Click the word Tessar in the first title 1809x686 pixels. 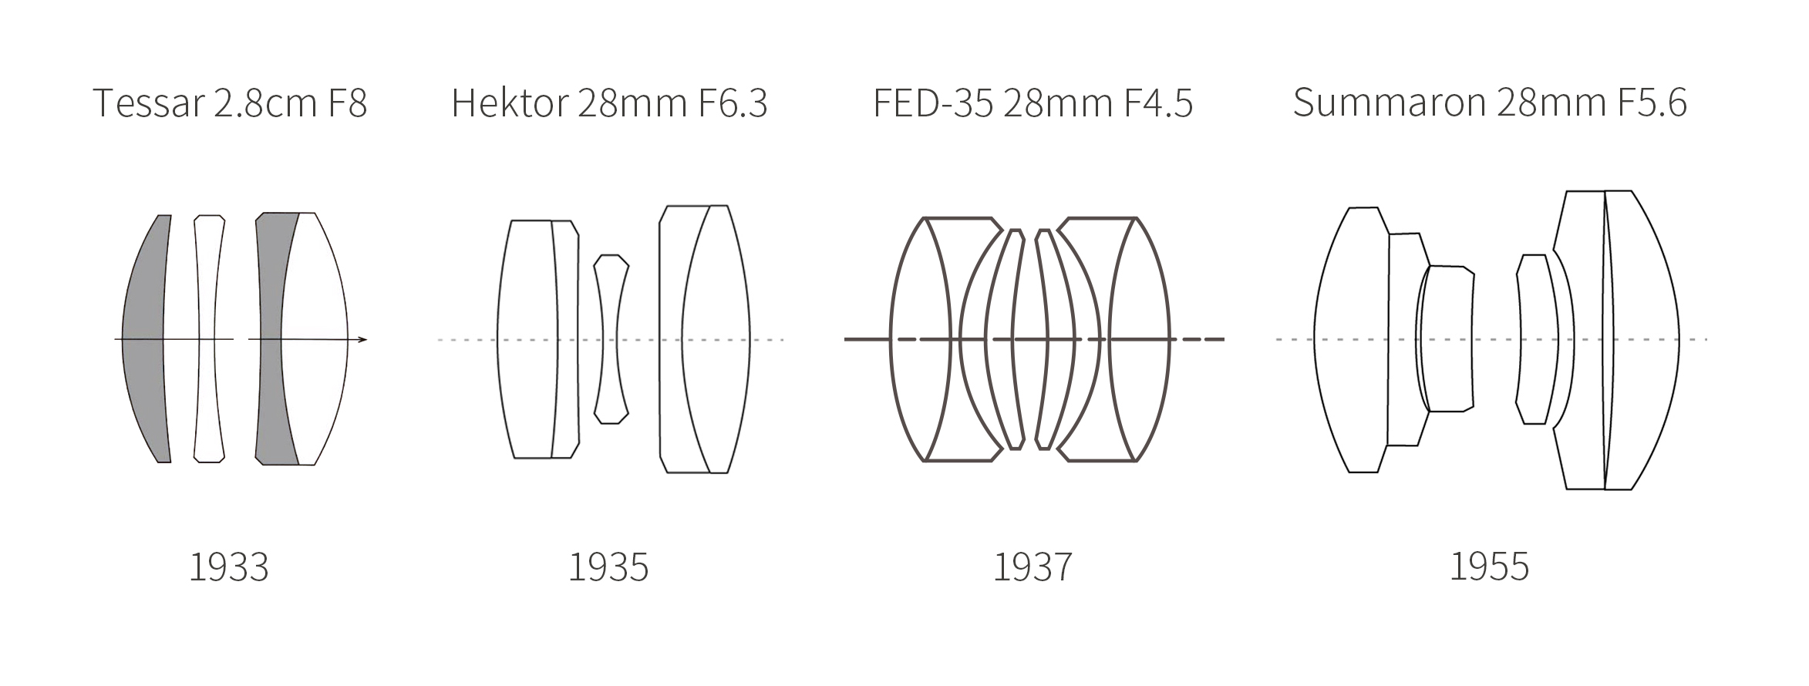(x=149, y=103)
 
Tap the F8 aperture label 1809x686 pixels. (x=347, y=103)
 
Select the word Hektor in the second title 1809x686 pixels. (x=510, y=103)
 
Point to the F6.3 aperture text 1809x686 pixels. (x=733, y=103)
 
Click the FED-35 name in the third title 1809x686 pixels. (x=933, y=103)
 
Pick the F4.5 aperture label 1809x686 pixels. (x=1158, y=103)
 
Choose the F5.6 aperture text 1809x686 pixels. (x=1652, y=103)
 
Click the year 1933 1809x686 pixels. (x=229, y=568)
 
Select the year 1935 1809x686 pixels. (x=608, y=568)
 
